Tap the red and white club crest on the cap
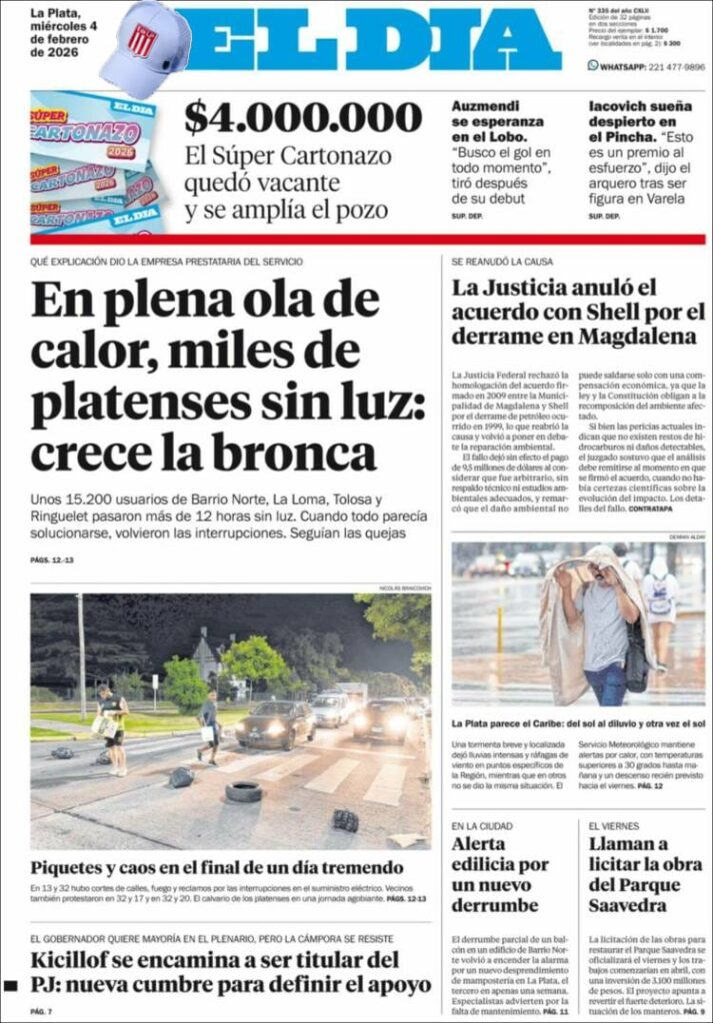click(x=143, y=41)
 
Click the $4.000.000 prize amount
click(x=303, y=118)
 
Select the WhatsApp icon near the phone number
click(x=593, y=66)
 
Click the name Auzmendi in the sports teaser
click(x=488, y=105)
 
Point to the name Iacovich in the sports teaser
click(x=626, y=105)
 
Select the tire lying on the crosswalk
click(x=243, y=791)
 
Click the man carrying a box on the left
click(x=112, y=723)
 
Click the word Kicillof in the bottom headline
click(x=83, y=961)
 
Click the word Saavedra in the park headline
click(x=627, y=905)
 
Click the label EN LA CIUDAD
click(x=481, y=826)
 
